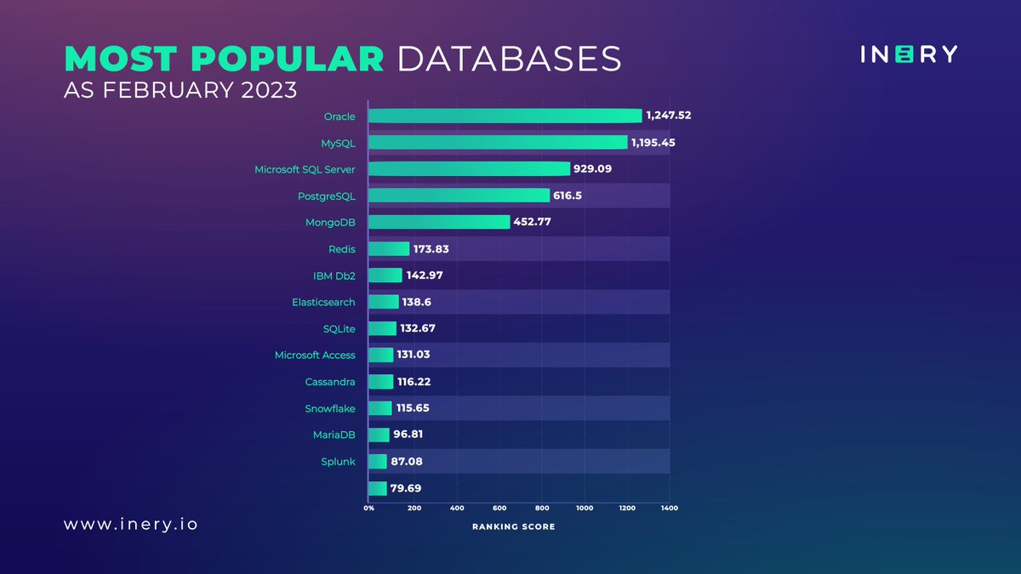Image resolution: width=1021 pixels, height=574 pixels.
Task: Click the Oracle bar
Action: tap(505, 117)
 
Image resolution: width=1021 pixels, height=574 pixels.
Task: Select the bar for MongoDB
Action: tap(439, 222)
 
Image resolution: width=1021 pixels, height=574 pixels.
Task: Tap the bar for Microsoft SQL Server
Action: tap(469, 169)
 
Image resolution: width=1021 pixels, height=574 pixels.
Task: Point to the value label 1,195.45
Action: tap(653, 143)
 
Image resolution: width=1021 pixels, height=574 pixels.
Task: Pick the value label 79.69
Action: tap(406, 488)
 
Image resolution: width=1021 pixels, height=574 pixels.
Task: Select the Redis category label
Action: tap(341, 249)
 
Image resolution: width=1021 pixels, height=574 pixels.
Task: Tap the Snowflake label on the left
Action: tap(330, 408)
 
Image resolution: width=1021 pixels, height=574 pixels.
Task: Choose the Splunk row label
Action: tap(338, 462)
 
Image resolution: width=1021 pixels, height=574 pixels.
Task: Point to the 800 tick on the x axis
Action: tap(541, 509)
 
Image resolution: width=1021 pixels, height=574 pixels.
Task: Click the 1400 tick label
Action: tap(669, 509)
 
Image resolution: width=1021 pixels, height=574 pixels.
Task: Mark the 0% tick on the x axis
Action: tap(369, 509)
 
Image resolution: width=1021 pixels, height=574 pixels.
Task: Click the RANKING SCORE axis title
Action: tap(513, 527)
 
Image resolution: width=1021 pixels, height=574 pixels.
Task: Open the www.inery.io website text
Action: tap(130, 524)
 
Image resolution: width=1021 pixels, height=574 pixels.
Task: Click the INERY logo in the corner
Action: tap(908, 54)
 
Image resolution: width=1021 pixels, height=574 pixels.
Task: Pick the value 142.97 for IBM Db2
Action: tap(425, 276)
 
